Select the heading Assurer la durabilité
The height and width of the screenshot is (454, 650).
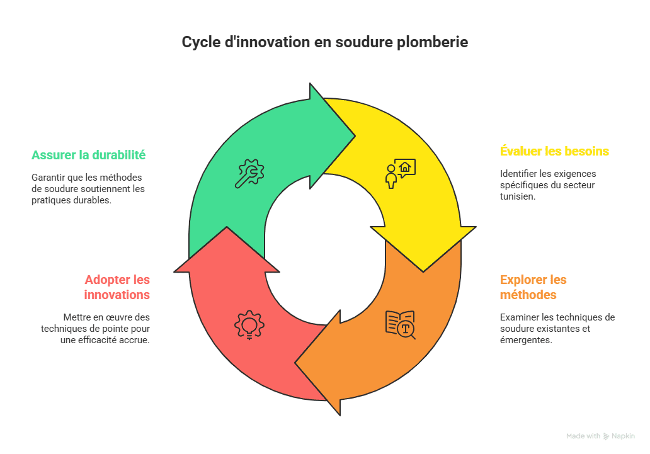click(x=89, y=155)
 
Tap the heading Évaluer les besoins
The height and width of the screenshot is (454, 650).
click(x=554, y=151)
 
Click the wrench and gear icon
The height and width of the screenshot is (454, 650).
click(x=249, y=173)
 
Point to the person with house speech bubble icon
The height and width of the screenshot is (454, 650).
click(x=400, y=173)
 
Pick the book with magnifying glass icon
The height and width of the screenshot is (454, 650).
click(x=401, y=325)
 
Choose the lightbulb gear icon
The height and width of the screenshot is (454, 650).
click(x=249, y=325)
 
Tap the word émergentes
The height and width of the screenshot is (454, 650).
click(x=526, y=341)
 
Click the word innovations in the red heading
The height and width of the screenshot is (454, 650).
click(x=117, y=295)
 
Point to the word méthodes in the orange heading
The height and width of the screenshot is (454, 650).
click(x=528, y=295)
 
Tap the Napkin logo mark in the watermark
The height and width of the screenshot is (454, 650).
click(x=606, y=436)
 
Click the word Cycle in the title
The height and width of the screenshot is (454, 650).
click(x=201, y=43)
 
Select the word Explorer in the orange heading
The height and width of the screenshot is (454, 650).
click(x=523, y=280)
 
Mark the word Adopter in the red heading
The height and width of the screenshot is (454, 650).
click(x=106, y=280)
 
